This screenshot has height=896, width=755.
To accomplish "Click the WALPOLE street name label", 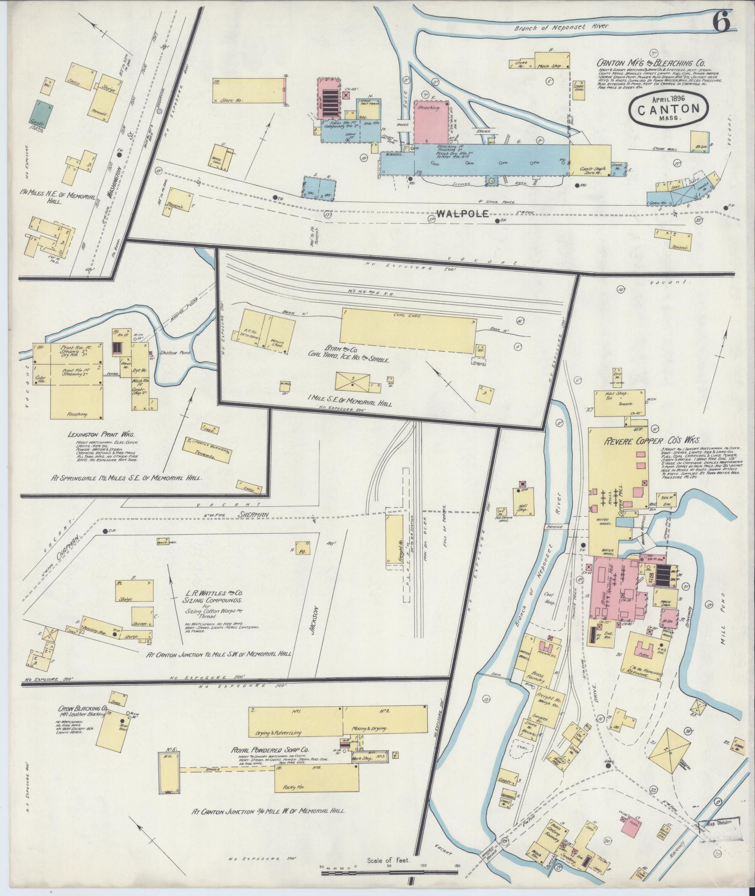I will (462, 214).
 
